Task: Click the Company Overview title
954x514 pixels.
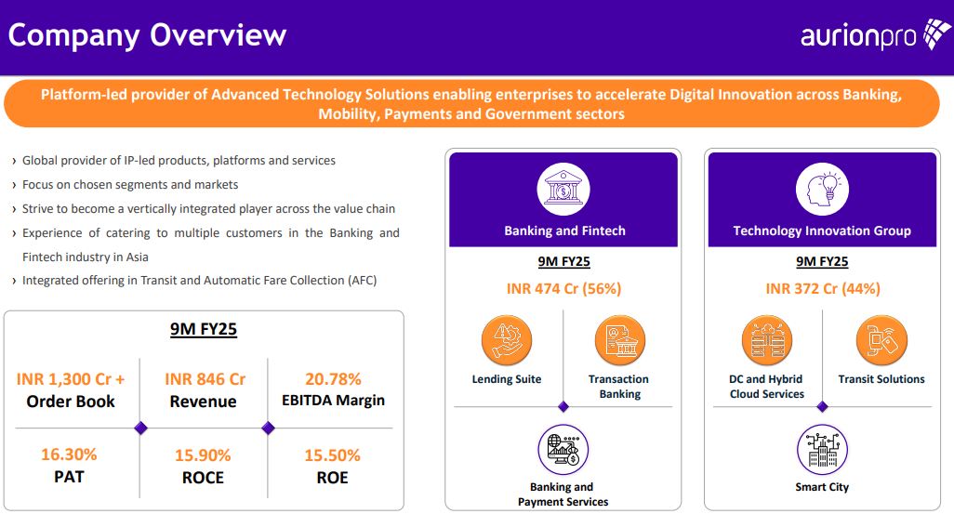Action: pyautogui.click(x=147, y=35)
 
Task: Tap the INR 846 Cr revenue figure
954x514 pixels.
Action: pyautogui.click(x=205, y=379)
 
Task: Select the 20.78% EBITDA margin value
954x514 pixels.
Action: pyautogui.click(x=333, y=379)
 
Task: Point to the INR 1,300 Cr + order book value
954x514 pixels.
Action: pyautogui.click(x=71, y=379)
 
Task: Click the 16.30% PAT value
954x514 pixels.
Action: pyautogui.click(x=69, y=455)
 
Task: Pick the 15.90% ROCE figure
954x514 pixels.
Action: pyautogui.click(x=203, y=456)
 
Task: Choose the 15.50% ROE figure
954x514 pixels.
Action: pyautogui.click(x=332, y=456)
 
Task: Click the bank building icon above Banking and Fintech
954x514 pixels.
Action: pyautogui.click(x=563, y=190)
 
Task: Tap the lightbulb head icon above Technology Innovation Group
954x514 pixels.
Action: pyautogui.click(x=822, y=190)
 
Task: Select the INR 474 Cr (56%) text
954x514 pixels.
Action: pyautogui.click(x=563, y=289)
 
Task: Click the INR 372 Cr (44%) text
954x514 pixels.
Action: pyautogui.click(x=822, y=289)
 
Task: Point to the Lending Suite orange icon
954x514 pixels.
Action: pyautogui.click(x=506, y=340)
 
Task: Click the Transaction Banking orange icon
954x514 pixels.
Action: pyautogui.click(x=619, y=340)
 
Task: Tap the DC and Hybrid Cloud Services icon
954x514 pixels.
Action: pyautogui.click(x=766, y=340)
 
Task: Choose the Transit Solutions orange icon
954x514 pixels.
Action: pyautogui.click(x=881, y=340)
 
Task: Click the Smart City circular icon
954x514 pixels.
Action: pyautogui.click(x=822, y=450)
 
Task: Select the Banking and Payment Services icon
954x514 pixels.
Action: pyautogui.click(x=563, y=450)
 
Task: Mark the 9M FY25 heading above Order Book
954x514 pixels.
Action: pyautogui.click(x=204, y=328)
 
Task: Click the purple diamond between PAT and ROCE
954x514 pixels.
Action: pyautogui.click(x=140, y=428)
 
